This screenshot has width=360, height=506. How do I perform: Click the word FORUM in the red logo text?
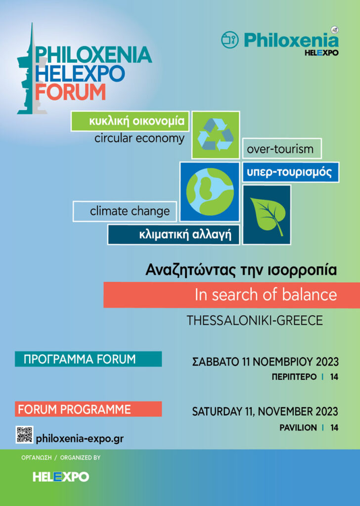[x=70, y=92]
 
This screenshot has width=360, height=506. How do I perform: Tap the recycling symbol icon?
[x=216, y=134]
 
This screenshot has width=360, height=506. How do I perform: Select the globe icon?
[x=210, y=192]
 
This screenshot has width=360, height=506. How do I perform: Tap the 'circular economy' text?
[x=139, y=138]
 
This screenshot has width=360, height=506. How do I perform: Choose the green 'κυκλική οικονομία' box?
[x=130, y=121]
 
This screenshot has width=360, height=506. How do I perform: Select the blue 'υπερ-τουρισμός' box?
[x=291, y=172]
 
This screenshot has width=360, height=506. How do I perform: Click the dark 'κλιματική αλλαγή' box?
[x=174, y=234]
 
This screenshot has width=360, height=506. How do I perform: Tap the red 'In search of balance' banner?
[x=231, y=295]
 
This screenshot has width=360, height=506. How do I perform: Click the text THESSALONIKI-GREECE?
[x=255, y=320]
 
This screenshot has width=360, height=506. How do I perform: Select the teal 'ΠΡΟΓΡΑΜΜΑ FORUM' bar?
[x=88, y=359]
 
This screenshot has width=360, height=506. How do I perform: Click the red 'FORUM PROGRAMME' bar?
[x=88, y=409]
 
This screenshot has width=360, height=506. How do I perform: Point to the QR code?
[x=25, y=435]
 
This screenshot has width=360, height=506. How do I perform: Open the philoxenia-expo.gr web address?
[x=80, y=439]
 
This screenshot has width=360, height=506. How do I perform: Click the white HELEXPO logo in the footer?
[x=61, y=477]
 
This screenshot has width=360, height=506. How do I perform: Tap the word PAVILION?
[x=298, y=427]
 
